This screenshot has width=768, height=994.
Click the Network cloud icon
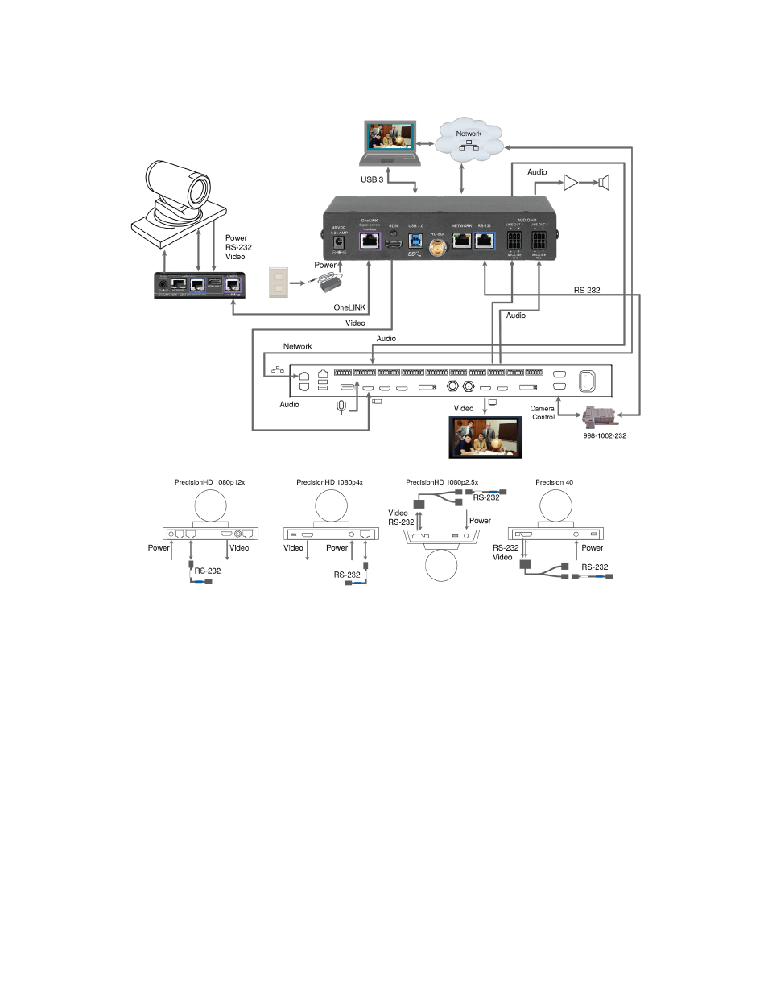click(469, 139)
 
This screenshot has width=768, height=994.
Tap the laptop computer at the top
click(390, 142)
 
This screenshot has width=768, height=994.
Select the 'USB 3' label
click(372, 179)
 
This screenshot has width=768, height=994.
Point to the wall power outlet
click(278, 282)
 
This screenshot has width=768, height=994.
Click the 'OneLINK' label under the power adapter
click(349, 307)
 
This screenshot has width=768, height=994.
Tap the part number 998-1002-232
click(605, 435)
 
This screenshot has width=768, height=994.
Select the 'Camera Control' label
click(543, 413)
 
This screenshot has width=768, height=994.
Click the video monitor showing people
click(485, 437)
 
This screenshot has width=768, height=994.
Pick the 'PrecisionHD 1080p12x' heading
click(209, 482)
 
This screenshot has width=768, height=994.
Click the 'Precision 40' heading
click(554, 482)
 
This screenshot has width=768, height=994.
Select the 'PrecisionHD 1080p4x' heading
click(329, 482)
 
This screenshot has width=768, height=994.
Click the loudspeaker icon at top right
click(603, 183)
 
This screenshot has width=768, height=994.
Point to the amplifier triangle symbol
click(571, 183)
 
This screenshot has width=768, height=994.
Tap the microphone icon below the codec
click(341, 406)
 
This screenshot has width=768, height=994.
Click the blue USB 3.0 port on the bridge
click(415, 240)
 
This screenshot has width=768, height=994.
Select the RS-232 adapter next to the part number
click(597, 417)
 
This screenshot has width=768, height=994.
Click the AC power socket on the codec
click(587, 380)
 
